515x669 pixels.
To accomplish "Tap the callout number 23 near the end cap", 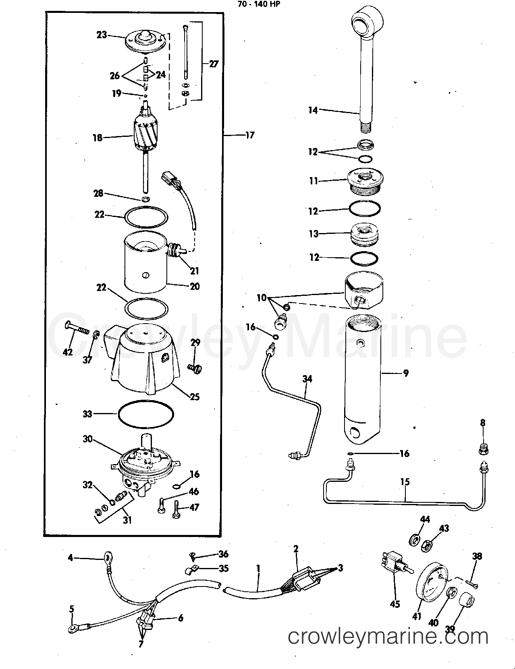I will click(x=102, y=35).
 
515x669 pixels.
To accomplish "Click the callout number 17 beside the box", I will click(x=250, y=135).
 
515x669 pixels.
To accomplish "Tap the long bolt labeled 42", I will click(x=76, y=330).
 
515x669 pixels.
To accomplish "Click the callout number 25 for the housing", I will click(x=195, y=397).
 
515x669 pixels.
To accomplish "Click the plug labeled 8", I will click(x=483, y=448).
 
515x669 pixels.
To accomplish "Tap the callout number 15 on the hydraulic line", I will click(x=405, y=482).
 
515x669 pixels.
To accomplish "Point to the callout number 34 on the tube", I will click(x=307, y=379).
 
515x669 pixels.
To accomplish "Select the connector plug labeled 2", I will click(x=305, y=579).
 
